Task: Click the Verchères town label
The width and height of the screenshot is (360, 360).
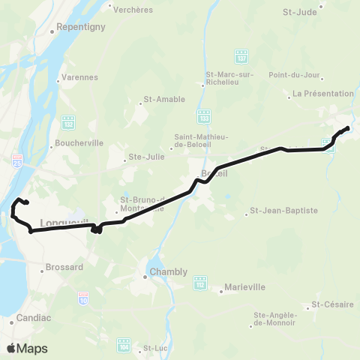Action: (x=133, y=10)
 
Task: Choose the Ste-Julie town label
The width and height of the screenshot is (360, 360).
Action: (x=143, y=157)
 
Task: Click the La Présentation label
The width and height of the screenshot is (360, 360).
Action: (x=323, y=94)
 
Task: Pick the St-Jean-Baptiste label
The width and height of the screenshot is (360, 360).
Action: (x=277, y=210)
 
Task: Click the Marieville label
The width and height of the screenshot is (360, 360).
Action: (x=245, y=287)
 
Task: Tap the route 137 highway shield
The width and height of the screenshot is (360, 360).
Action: (x=241, y=57)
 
